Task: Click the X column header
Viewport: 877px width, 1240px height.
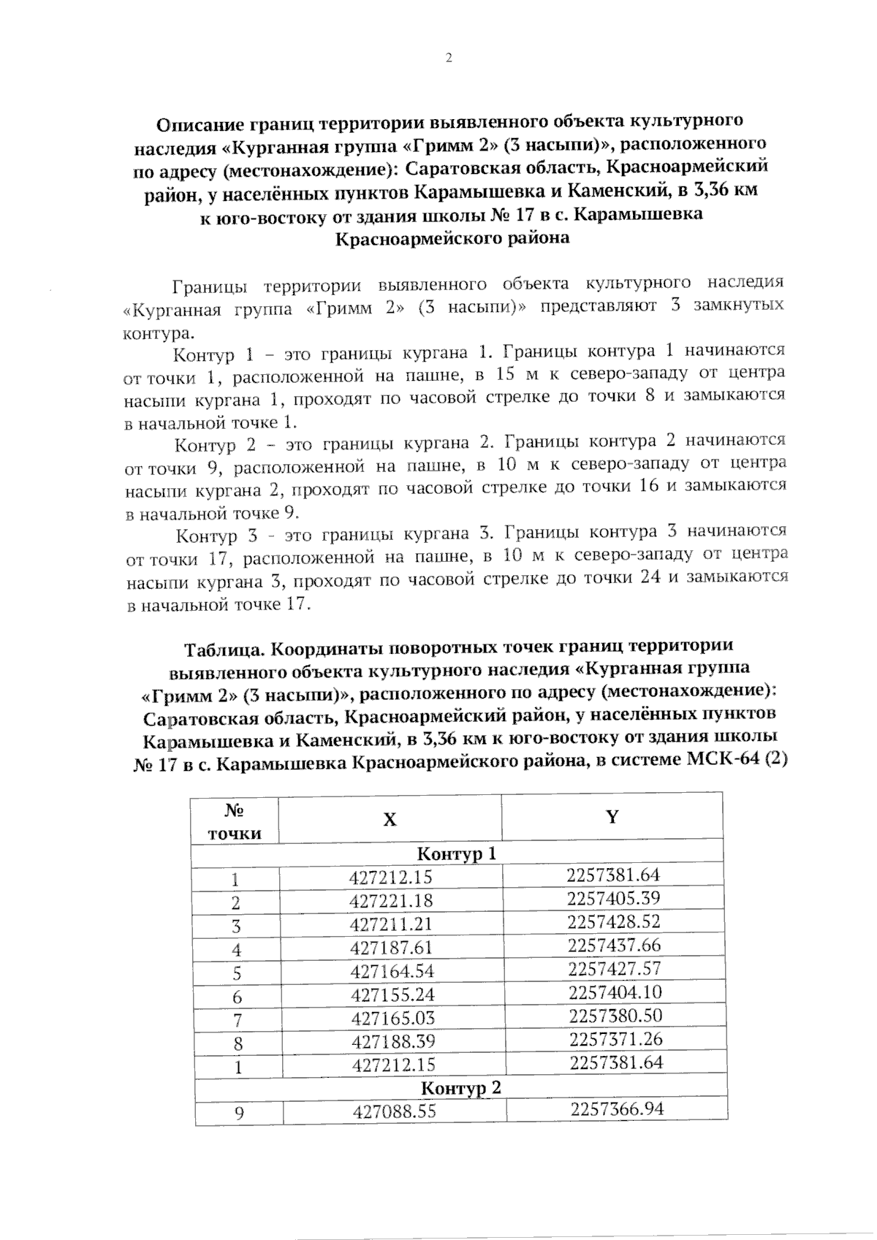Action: [390, 819]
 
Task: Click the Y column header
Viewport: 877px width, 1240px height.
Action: [612, 816]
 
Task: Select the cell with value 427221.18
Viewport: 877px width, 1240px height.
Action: [391, 901]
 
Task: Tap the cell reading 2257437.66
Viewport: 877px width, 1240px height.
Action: [614, 946]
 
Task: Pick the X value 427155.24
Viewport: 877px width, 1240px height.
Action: [392, 994]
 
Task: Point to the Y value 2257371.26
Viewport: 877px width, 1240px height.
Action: [615, 1039]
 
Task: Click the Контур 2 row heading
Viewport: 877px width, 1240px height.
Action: [460, 1088]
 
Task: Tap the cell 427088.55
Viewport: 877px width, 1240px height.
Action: [394, 1111]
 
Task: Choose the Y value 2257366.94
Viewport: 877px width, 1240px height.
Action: [617, 1109]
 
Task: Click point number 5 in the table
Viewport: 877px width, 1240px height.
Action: [237, 973]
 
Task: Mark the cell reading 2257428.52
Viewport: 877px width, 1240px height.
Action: [613, 921]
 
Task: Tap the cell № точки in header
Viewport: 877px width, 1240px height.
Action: [235, 821]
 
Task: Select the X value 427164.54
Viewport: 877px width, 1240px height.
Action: [392, 971]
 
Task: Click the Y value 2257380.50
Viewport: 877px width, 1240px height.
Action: [615, 1016]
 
